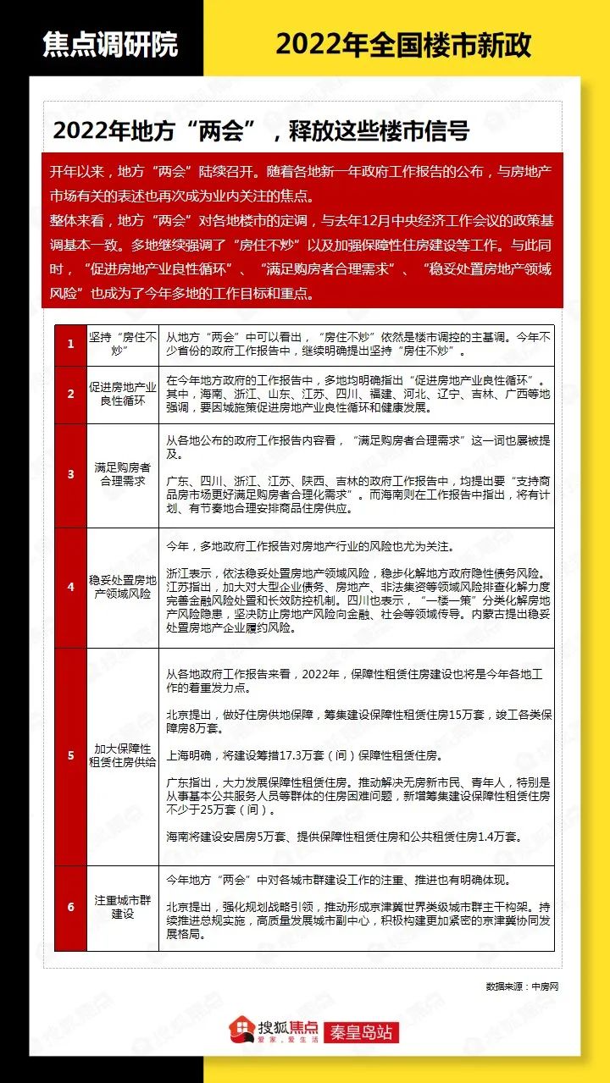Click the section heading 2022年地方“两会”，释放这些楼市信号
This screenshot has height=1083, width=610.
261,131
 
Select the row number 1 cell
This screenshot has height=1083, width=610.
71,345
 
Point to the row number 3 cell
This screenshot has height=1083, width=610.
71,474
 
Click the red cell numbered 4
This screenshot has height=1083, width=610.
71,587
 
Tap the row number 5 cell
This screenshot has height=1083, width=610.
71,755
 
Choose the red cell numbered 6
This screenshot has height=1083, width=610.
71,907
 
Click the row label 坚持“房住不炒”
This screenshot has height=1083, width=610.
123,345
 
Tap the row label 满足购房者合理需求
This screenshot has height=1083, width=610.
123,474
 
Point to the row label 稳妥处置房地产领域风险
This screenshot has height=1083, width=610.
123,587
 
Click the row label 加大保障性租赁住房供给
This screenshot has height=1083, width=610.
123,755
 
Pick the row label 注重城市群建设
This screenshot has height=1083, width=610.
123,907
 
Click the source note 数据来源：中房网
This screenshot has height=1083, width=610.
523,986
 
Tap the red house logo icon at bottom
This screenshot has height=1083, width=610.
243,1031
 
